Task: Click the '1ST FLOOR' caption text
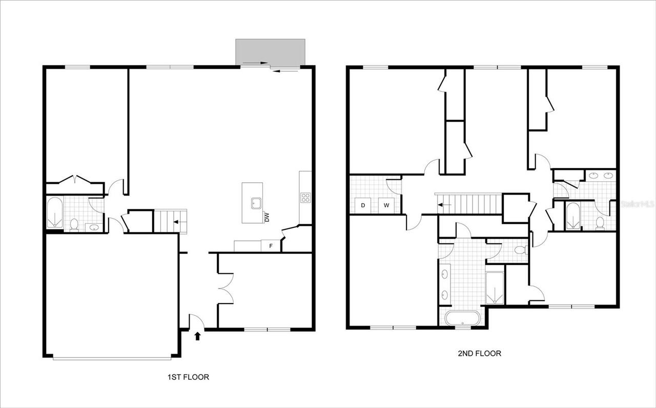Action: click(x=188, y=377)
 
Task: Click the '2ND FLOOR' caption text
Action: click(x=479, y=353)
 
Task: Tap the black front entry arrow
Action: click(x=198, y=336)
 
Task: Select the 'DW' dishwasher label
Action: click(x=266, y=217)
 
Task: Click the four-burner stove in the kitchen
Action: click(x=305, y=197)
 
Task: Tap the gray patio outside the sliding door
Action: click(x=270, y=52)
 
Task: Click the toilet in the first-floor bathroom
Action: click(x=74, y=224)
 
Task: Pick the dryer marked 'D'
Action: click(x=363, y=205)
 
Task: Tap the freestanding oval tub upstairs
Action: click(x=463, y=318)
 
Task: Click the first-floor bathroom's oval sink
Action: click(x=94, y=227)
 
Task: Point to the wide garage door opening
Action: click(x=112, y=358)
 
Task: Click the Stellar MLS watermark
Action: click(x=637, y=203)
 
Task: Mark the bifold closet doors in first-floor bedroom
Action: click(x=75, y=180)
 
